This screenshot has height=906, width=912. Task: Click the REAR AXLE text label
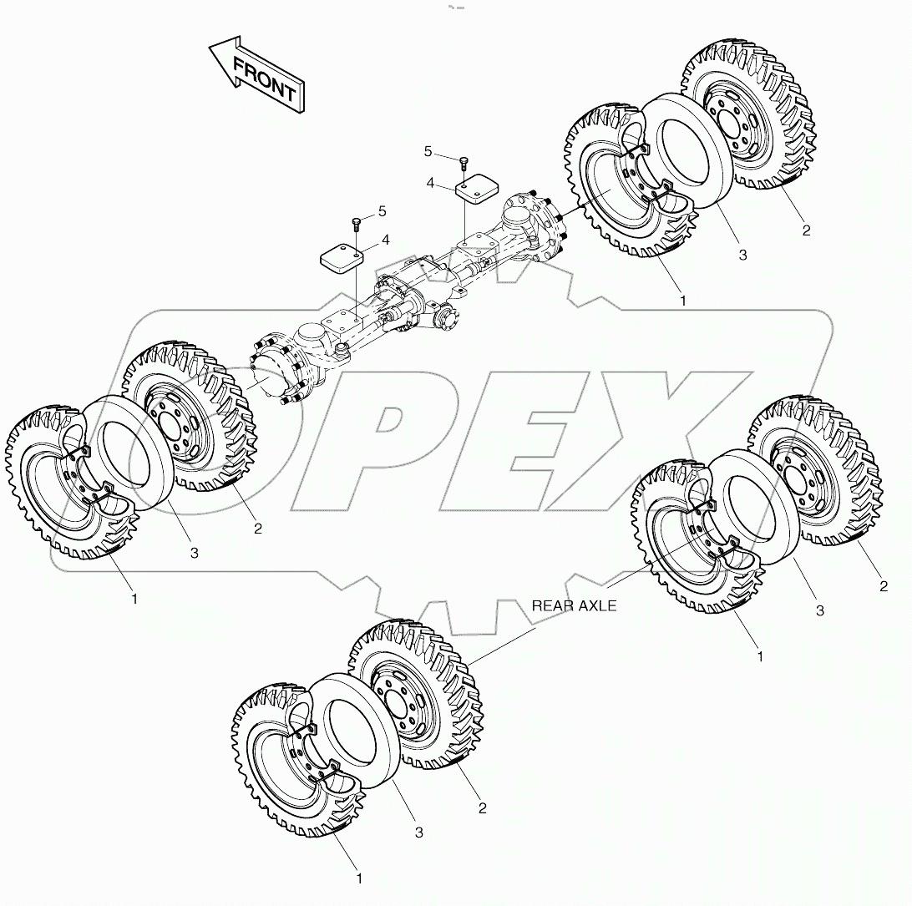coord(575,606)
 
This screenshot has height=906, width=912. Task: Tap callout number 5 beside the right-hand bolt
coord(428,151)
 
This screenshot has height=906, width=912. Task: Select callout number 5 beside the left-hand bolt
coord(382,212)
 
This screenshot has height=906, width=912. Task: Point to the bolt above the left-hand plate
coord(356,223)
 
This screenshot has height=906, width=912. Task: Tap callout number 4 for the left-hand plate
coord(385,240)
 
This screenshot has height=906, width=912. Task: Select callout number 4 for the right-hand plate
coord(431,183)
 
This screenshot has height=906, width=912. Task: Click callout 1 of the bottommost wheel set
coord(359,878)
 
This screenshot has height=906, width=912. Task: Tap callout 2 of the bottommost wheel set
coord(483,807)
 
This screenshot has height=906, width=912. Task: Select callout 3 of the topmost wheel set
coord(742,256)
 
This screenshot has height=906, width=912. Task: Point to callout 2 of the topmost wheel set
coord(806,230)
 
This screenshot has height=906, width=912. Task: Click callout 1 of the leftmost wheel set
coord(134,599)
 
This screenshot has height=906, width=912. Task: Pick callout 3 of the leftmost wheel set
coord(194,553)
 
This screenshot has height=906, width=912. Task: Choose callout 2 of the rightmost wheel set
coord(884,586)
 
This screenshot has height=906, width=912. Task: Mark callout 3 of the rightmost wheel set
coord(820,611)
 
